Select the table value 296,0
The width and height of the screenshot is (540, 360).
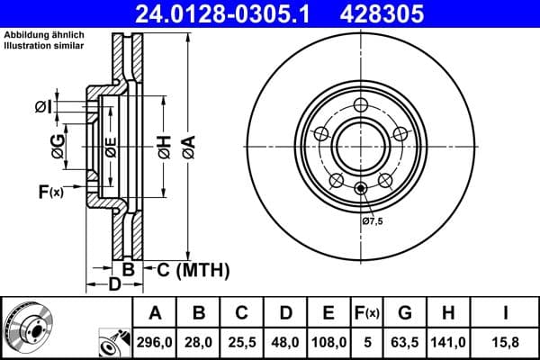tap(155, 342)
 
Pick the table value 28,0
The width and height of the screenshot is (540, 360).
tap(199, 342)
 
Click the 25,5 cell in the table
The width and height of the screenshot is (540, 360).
tap(242, 342)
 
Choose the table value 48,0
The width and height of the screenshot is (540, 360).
tap(286, 342)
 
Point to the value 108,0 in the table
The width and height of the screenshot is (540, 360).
tap(329, 342)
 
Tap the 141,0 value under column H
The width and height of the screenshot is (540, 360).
tap(447, 342)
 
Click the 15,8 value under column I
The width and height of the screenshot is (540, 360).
tap(505, 342)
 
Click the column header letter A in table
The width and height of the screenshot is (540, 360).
tap(155, 313)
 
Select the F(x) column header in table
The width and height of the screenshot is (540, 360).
tap(368, 313)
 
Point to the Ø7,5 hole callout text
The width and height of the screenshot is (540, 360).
tap(373, 220)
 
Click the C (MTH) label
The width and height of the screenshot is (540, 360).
tap(193, 269)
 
